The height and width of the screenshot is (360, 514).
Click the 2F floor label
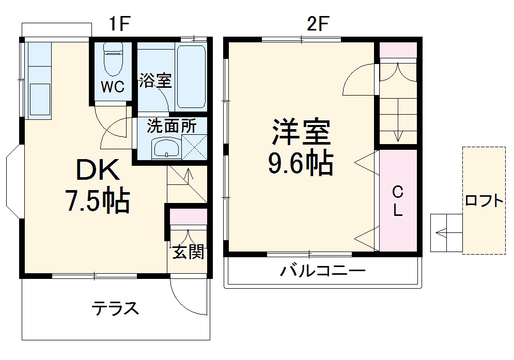(317, 24)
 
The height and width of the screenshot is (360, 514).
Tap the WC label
(112, 87)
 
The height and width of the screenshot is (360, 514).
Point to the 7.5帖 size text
(97, 201)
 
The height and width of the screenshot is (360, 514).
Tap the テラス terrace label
(116, 308)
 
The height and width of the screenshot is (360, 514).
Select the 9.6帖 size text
(300, 164)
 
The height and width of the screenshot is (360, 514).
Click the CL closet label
(397, 201)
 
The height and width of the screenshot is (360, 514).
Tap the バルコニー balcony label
(323, 270)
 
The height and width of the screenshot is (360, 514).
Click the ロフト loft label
(484, 201)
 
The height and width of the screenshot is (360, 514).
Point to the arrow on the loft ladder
(442, 233)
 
